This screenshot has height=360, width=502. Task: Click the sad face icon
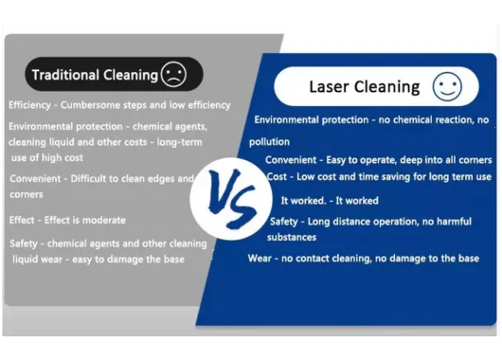tap(173, 74)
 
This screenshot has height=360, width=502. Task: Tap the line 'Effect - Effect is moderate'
tap(67, 220)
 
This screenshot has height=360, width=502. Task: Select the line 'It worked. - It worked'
tap(330, 201)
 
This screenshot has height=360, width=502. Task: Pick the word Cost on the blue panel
tap(277, 177)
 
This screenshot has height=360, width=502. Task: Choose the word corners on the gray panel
tap(27, 194)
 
